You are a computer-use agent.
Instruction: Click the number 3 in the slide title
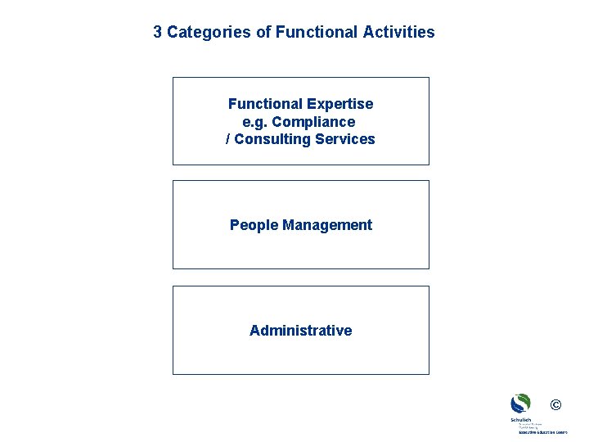pos(158,33)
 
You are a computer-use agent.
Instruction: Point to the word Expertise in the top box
pos(339,104)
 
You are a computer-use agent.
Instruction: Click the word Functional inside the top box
pos(264,104)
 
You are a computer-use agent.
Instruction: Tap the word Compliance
pos(313,122)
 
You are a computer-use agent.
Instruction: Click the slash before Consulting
pos(228,139)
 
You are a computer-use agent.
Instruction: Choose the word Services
pos(345,139)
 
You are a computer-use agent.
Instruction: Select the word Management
pos(327,225)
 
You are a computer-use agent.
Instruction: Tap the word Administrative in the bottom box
pos(300,331)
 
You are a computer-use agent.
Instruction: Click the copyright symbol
pos(556,404)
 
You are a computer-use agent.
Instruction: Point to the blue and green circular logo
pos(520,404)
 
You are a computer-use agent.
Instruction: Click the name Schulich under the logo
pos(520,420)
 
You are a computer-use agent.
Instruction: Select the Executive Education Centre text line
pos(542,432)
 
